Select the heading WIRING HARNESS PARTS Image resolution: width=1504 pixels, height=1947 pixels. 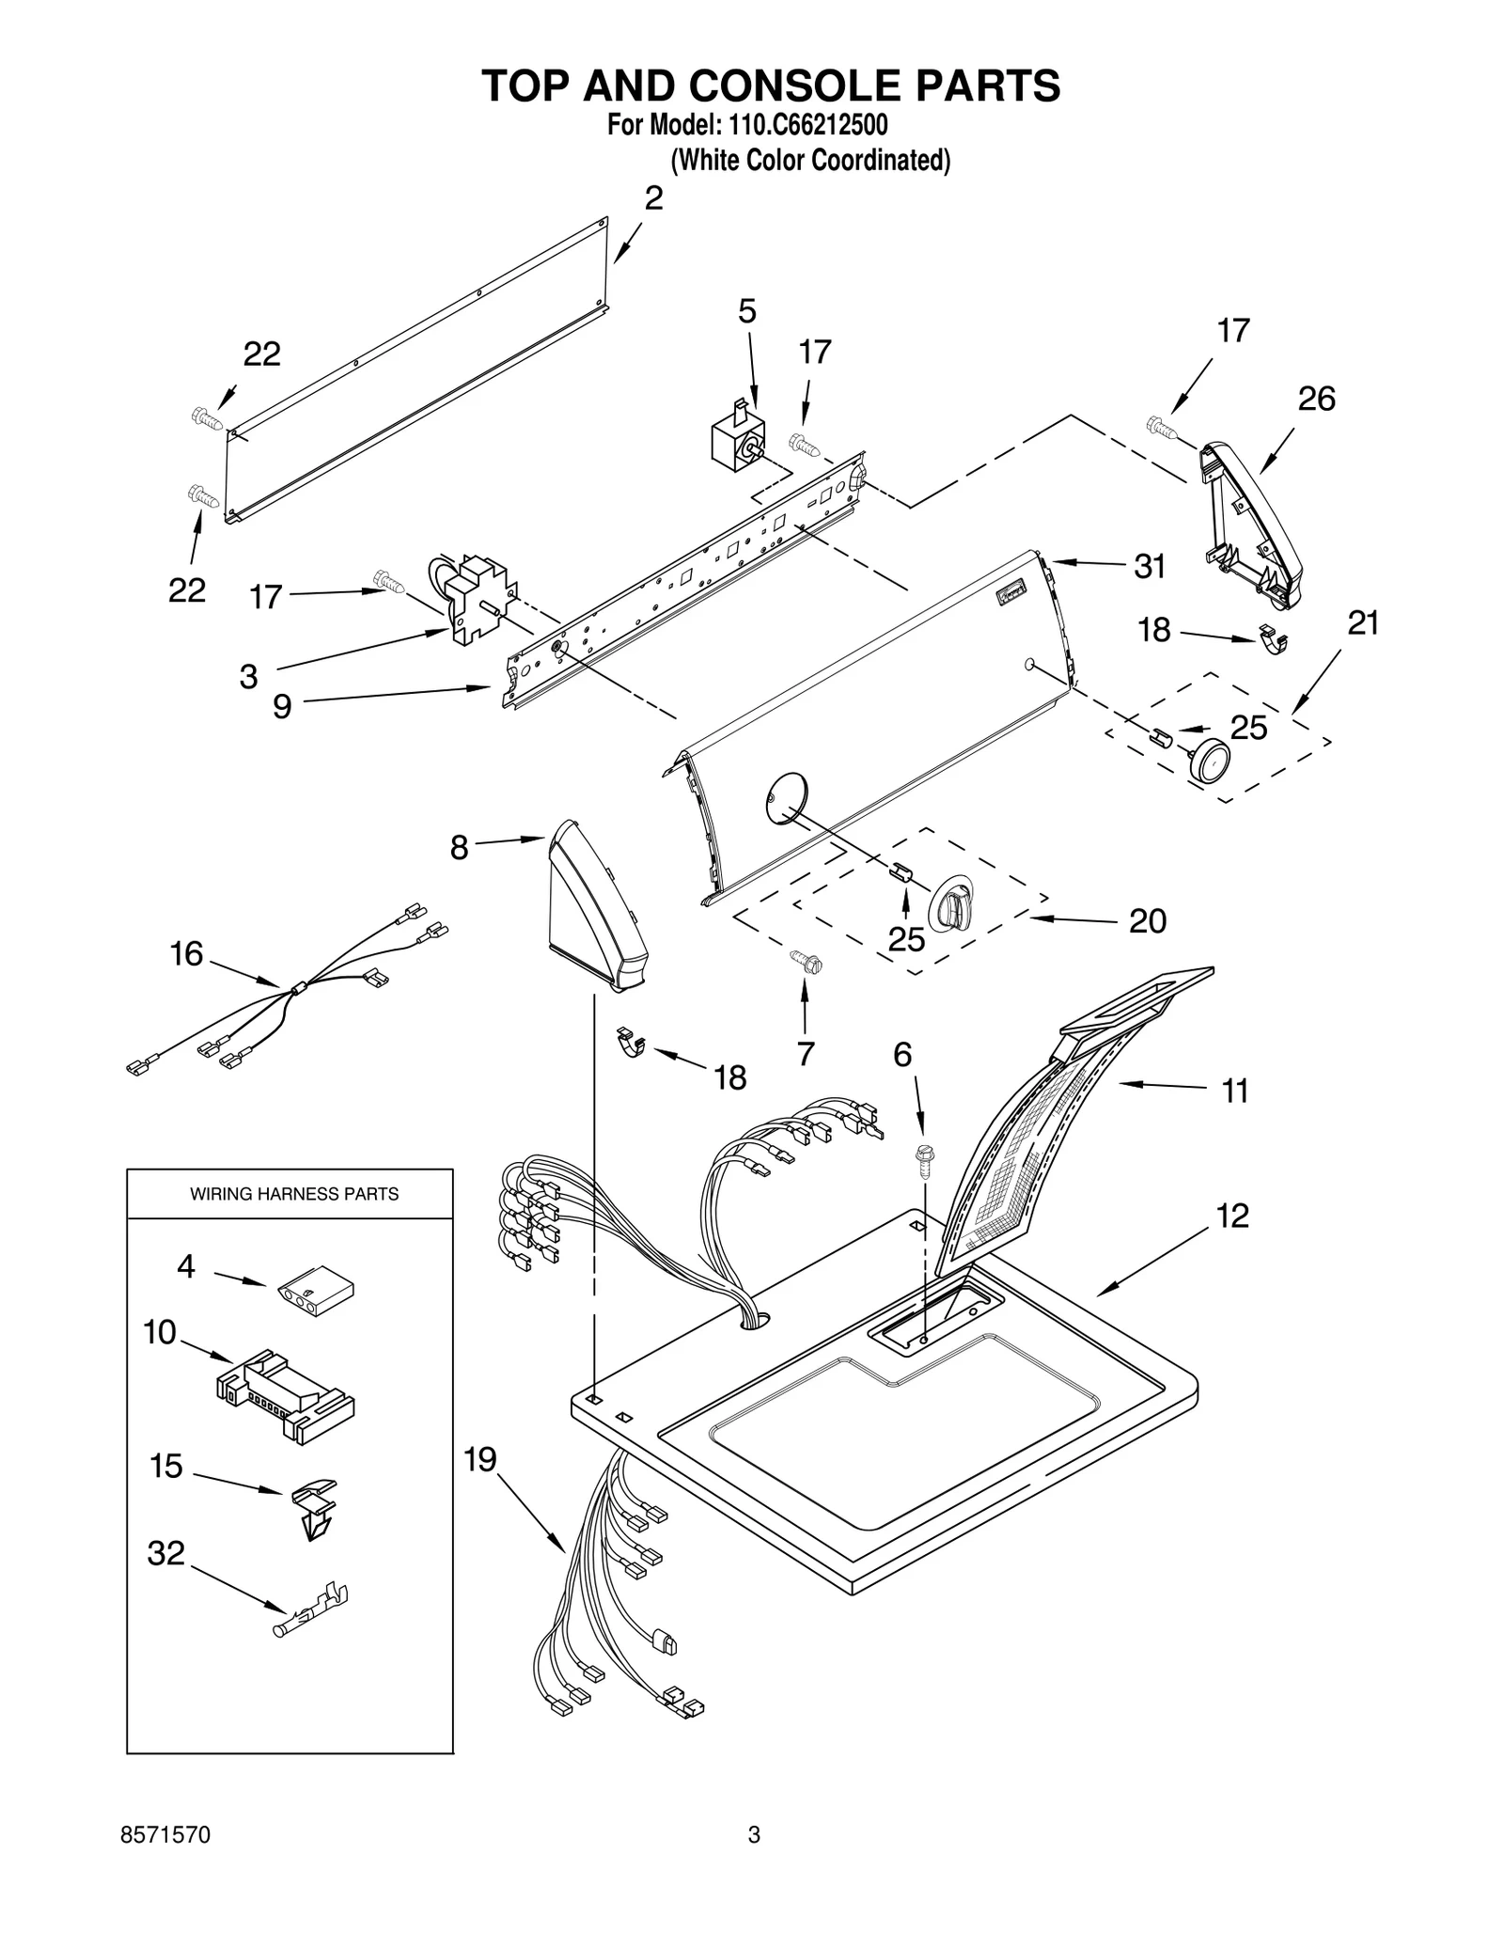[x=294, y=1194]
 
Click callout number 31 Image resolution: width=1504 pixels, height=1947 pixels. [x=1150, y=566]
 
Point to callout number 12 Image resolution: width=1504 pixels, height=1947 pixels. [x=1231, y=1216]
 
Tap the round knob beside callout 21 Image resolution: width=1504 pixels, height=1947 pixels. [x=1208, y=758]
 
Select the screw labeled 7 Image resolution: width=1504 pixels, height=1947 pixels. [x=806, y=960]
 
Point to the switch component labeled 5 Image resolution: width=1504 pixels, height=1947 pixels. [x=738, y=436]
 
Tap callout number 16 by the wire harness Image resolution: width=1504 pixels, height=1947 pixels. [x=186, y=953]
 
